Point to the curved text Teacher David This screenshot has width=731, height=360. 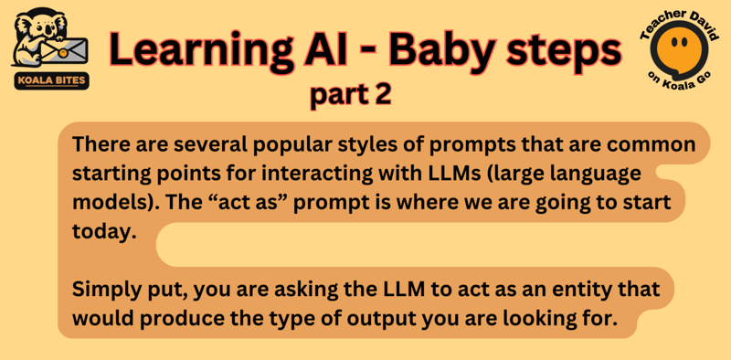click(677, 16)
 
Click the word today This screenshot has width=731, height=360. click(101, 231)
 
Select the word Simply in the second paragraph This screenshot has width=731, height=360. click(103, 290)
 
